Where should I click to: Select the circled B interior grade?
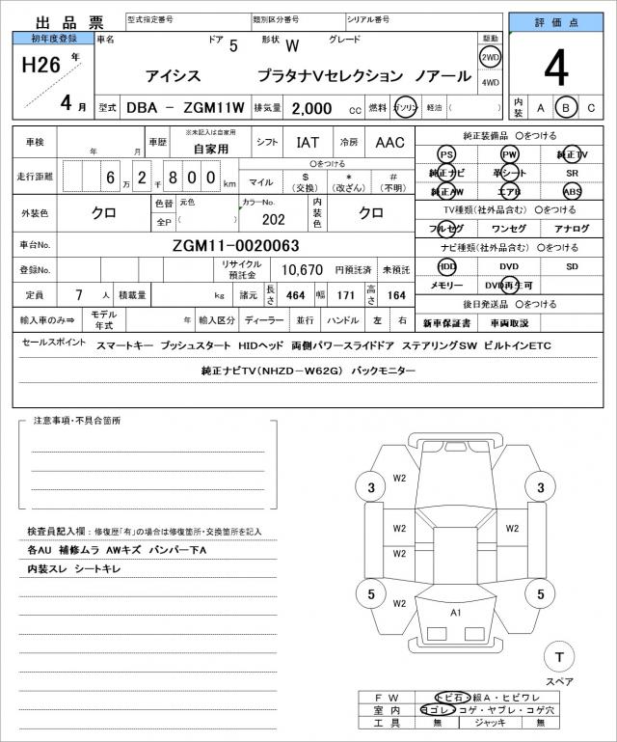pos(568,107)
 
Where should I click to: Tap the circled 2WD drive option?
pos(490,56)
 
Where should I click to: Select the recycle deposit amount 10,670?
pos(302,270)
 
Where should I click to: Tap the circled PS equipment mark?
pos(445,154)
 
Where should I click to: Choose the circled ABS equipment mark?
pos(573,191)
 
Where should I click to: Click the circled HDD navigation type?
pos(446,266)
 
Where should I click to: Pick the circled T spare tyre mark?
pos(557,657)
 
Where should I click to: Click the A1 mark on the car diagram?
pos(455,612)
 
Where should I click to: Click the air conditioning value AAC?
pos(389,143)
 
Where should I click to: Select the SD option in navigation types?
pos(573,266)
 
